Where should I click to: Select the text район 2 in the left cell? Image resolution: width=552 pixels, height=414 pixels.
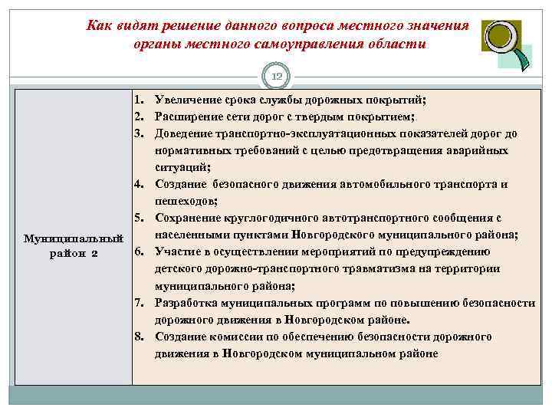[74, 255]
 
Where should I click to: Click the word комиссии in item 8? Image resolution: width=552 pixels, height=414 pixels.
[232, 336]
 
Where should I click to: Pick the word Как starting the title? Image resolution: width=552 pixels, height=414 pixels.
[97, 26]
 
